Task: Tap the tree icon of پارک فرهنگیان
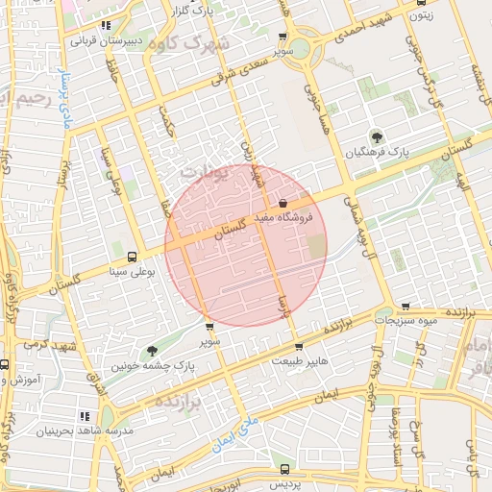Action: click(x=375, y=135)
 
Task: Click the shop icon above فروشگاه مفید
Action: click(x=283, y=204)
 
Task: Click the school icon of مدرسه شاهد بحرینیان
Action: click(x=85, y=416)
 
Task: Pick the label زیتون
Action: click(x=420, y=14)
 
